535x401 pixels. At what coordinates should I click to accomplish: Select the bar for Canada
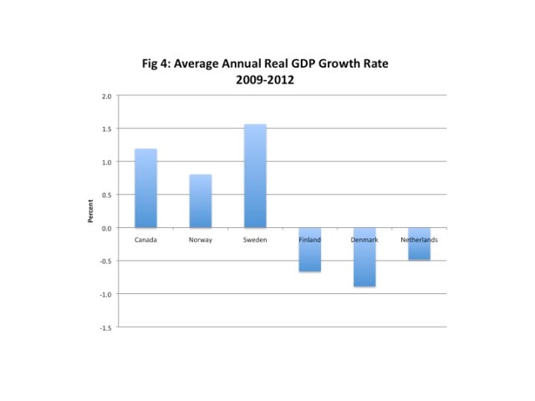145,188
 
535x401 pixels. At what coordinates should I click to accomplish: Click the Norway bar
201,201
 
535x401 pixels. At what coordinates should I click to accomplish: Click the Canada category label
145,240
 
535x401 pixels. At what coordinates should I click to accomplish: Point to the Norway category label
201,240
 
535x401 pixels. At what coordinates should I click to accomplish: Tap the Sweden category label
255,240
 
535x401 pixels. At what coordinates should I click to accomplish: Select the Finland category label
310,240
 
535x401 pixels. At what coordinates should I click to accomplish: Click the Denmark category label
364,240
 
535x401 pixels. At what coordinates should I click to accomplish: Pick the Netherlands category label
420,240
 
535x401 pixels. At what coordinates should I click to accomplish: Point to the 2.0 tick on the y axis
106,96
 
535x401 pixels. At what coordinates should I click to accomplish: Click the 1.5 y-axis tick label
106,129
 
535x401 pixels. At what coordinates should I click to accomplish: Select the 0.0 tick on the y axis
106,228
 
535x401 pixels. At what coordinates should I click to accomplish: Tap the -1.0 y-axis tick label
105,294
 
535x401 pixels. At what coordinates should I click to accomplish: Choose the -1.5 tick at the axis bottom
105,327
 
